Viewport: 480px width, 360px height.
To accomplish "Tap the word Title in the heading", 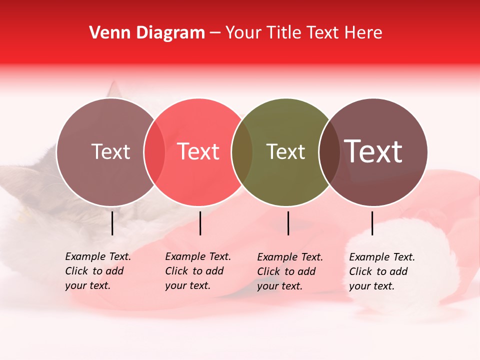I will [x=283, y=33].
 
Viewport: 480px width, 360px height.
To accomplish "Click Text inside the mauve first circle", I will [x=110, y=151].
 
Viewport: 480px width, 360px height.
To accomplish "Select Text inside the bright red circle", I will [x=198, y=151].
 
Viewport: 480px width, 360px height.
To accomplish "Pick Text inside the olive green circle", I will [x=285, y=151].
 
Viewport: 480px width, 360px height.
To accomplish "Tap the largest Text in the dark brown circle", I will [x=373, y=151].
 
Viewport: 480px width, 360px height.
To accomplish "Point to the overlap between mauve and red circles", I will [x=154, y=152].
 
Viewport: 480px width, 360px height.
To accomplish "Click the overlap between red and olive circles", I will [x=242, y=152].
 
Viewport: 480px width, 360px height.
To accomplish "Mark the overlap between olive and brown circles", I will [x=329, y=152].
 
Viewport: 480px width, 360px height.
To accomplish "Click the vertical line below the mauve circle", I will [x=112, y=223].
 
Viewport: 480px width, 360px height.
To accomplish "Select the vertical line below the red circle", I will [x=200, y=223].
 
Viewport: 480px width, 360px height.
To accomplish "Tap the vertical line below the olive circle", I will [x=288, y=223].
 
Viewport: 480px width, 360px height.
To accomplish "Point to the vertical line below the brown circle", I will [x=372, y=223].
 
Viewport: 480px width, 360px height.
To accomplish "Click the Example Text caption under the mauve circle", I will [x=97, y=271].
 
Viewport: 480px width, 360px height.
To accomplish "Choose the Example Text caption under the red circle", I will [x=197, y=271].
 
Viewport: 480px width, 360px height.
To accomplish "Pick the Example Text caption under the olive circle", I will [x=289, y=271].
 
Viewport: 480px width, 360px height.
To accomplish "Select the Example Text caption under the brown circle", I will [x=381, y=271].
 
